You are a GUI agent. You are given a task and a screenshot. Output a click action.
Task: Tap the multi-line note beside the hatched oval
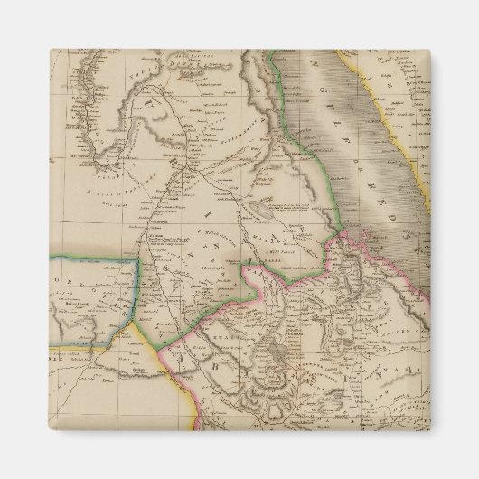coord(294,213)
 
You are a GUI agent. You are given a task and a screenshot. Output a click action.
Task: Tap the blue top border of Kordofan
coord(90,258)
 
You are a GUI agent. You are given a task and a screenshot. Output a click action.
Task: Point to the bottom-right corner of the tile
coord(430,429)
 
